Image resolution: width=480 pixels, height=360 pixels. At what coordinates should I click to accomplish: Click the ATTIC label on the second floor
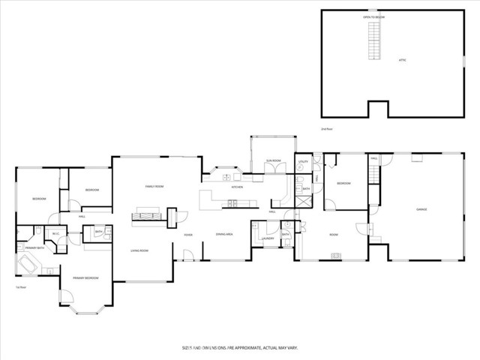tap(401, 59)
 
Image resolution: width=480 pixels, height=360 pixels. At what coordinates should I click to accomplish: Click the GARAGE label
tap(421, 209)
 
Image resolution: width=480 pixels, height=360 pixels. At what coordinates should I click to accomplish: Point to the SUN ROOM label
tap(273, 160)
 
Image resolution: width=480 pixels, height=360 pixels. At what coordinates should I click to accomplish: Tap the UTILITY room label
tap(304, 161)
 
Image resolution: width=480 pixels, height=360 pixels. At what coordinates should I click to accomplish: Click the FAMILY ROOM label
tap(154, 186)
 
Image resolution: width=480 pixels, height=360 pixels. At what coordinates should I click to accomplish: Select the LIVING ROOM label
tap(139, 250)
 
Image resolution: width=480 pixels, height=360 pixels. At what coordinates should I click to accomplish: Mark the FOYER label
tap(189, 235)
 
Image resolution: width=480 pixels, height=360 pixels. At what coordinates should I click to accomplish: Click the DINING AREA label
tap(224, 235)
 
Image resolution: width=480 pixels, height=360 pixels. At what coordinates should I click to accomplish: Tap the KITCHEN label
tap(237, 186)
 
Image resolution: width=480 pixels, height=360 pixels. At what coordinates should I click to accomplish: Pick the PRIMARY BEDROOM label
tap(85, 278)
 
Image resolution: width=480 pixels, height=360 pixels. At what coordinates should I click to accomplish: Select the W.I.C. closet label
tap(56, 233)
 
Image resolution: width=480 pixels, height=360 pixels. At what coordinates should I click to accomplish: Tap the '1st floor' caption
tap(21, 287)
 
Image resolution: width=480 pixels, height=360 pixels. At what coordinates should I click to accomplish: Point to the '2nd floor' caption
tap(326, 129)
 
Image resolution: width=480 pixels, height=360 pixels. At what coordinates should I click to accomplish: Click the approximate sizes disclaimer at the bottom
tap(240, 348)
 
